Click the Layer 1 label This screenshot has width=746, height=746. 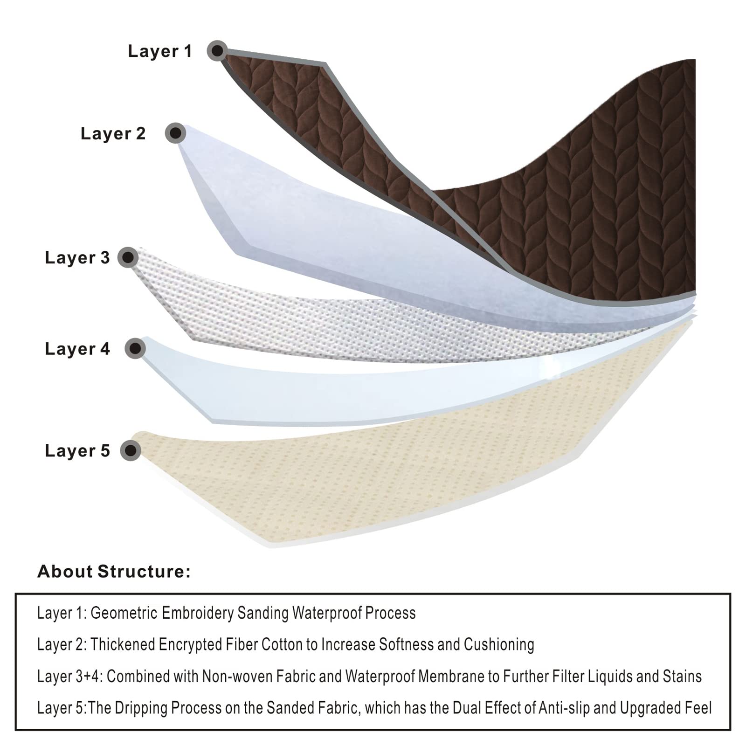tap(160, 51)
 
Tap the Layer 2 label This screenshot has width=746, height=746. tap(113, 133)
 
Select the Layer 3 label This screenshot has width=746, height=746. tap(77, 257)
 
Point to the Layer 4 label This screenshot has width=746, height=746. tap(77, 349)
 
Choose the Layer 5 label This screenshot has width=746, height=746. tap(77, 451)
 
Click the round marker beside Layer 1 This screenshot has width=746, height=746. tap(217, 50)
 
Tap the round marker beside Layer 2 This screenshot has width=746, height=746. tap(175, 133)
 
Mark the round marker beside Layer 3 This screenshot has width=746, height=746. tap(128, 257)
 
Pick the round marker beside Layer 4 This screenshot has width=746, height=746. tap(135, 348)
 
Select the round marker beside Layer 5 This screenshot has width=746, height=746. tap(131, 450)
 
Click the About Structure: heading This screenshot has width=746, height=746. tap(114, 572)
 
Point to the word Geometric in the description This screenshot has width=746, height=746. tap(124, 613)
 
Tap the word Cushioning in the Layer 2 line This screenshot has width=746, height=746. tap(499, 645)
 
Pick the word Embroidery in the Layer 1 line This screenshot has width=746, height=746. tap(197, 613)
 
